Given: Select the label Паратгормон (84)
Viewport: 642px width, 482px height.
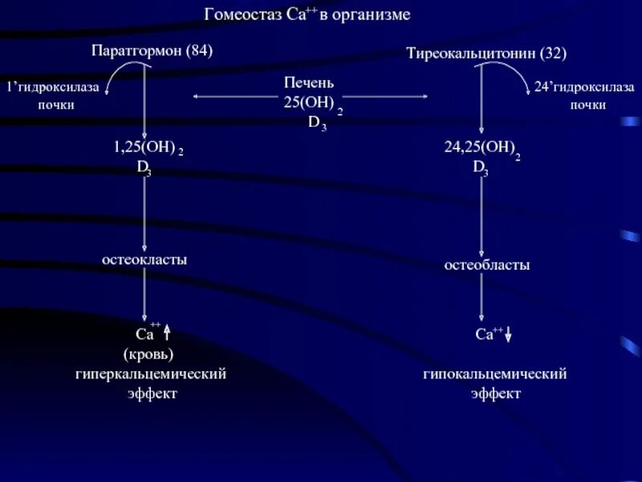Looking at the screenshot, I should [152, 51].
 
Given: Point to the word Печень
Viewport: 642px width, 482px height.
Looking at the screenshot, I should [309, 83].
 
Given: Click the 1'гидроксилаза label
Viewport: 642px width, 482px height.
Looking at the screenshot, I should [53, 87].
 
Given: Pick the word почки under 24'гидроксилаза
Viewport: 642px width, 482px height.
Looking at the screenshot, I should [588, 105].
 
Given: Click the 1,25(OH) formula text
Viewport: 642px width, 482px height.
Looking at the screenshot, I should [142, 149].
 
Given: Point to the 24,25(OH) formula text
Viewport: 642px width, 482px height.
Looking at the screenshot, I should [478, 149].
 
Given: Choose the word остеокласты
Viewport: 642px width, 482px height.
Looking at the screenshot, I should [144, 259].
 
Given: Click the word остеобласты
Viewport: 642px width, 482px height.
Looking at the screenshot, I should [487, 264].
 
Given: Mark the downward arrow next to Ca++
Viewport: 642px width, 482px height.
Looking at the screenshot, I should [508, 335].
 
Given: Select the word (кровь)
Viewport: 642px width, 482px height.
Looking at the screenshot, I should [148, 354].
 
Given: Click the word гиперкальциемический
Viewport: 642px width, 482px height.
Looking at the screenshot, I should [151, 374].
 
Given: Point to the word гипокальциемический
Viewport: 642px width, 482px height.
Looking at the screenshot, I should [495, 374].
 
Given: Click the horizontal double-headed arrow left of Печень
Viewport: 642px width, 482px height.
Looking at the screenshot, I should [233, 96].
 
